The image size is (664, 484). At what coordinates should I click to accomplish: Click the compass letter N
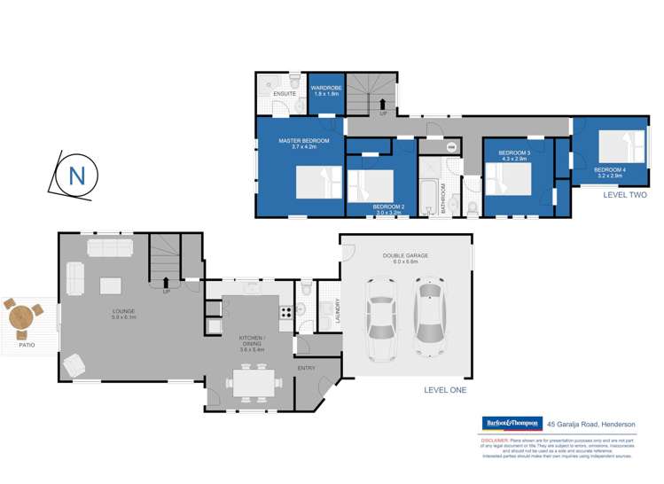76,176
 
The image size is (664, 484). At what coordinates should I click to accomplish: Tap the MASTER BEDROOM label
303,141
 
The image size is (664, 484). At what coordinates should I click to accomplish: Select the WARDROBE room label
326,88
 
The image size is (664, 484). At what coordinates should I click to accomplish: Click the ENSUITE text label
285,93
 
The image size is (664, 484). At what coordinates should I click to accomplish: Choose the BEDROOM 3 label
514,153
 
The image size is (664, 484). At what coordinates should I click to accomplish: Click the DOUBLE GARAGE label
405,255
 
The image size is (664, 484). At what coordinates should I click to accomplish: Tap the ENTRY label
306,367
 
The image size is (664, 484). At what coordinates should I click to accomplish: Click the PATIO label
27,344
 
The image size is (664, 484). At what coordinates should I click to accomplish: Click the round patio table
21,316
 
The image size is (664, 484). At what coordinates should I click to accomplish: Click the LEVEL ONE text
445,389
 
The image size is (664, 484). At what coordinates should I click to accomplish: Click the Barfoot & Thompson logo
512,424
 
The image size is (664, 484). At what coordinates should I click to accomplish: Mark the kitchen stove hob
285,311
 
